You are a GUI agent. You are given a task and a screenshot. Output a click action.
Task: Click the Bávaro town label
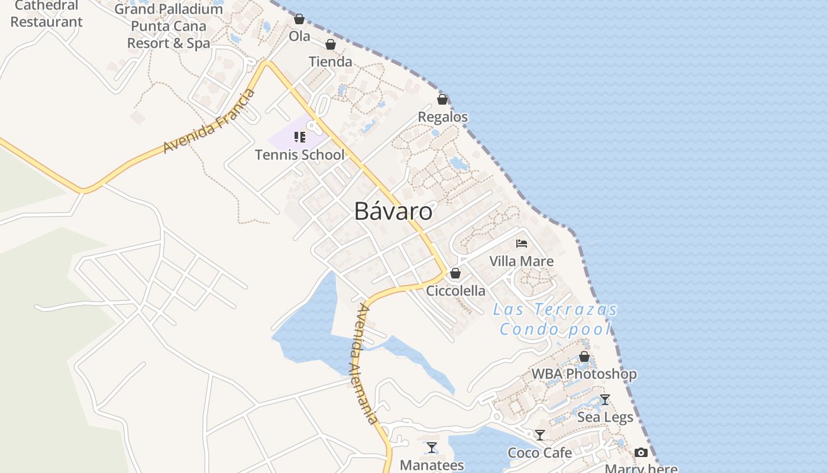tap(393, 211)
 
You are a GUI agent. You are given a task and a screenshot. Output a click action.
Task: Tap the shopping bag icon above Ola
tap(299, 19)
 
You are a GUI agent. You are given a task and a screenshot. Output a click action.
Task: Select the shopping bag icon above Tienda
tap(331, 44)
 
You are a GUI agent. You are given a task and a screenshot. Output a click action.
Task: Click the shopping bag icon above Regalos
tap(442, 99)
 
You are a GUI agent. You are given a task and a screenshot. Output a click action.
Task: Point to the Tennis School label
tap(299, 155)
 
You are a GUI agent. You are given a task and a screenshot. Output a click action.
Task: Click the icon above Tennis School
tap(300, 137)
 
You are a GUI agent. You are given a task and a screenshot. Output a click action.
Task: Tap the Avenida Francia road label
tap(209, 121)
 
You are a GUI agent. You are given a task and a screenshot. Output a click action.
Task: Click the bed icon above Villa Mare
tap(521, 243)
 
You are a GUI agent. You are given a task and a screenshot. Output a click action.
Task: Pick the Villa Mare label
tap(521, 261)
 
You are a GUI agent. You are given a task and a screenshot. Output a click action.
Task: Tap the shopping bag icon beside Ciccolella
tap(455, 273)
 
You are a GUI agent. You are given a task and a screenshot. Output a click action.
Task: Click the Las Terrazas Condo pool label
tap(555, 319)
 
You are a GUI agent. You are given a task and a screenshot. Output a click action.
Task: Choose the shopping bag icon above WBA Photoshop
tap(584, 357)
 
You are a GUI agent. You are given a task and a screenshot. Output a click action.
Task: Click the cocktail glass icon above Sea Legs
tap(604, 400)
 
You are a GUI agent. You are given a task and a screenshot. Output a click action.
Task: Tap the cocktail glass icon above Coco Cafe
tap(539, 435)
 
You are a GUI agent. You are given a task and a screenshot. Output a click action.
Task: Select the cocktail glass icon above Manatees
tap(432, 448)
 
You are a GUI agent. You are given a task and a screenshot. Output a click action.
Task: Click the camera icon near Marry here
tap(641, 453)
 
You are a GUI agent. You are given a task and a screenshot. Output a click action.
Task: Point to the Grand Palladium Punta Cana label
tap(169, 26)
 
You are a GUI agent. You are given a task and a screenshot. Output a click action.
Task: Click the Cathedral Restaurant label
tap(46, 14)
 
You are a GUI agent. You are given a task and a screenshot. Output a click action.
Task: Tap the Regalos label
tap(442, 117)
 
